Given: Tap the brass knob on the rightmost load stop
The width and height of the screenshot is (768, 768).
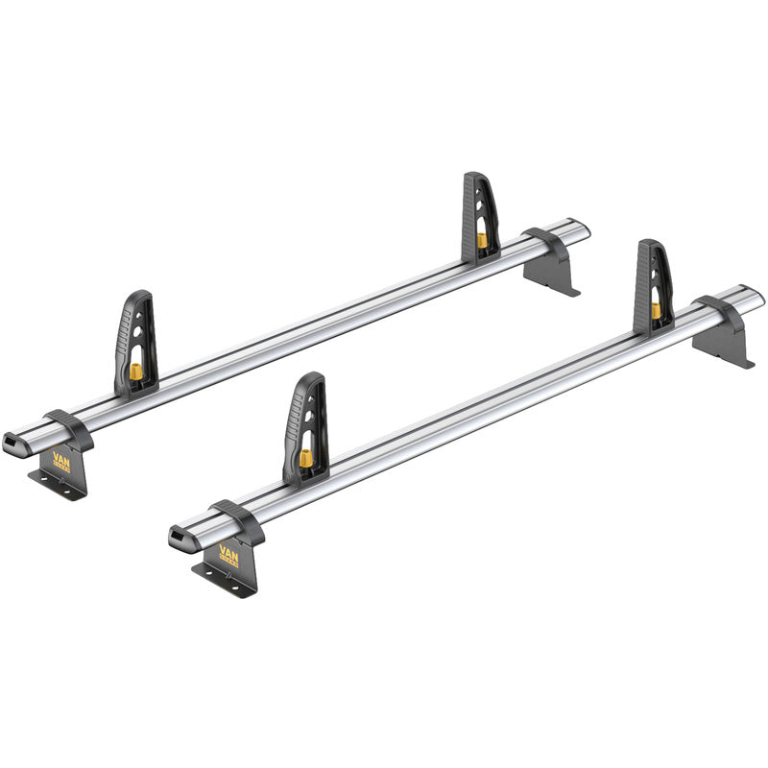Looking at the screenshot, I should pos(656,310).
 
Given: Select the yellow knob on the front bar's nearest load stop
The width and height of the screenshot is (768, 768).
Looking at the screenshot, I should pos(306,459).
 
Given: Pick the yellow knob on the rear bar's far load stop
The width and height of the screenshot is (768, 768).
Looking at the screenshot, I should pos(480,240).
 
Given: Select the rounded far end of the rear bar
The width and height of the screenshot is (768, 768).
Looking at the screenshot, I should pos(581,229).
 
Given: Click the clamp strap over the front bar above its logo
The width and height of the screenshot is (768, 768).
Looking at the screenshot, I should pos(234,518).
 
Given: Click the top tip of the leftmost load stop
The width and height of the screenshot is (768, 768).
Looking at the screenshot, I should pos(141,295).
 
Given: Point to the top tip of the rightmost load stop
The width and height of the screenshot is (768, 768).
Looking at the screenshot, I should pos(651,244).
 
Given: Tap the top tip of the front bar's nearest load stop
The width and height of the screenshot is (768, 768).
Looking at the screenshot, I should pos(312,376).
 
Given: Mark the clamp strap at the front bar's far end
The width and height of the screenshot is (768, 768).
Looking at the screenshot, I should pos(719,313).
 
